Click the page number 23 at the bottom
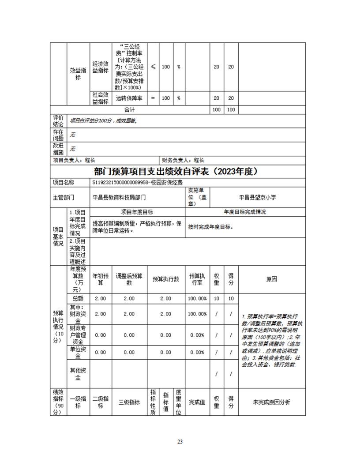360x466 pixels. click(x=180, y=441)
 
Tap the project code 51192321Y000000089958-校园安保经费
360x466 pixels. click(x=138, y=182)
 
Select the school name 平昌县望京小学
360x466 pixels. click(x=257, y=198)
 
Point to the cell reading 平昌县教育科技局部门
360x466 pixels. click(x=119, y=198)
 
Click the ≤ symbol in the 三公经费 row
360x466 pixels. click(x=153, y=67)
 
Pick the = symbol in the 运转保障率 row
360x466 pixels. click(x=153, y=98)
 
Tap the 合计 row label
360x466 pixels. click(x=129, y=109)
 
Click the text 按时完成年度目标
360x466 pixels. click(x=210, y=227)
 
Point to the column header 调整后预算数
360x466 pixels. click(x=129, y=279)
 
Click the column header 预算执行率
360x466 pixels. click(x=197, y=279)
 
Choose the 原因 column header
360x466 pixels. click(x=272, y=279)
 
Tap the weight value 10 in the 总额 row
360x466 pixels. click(x=216, y=299)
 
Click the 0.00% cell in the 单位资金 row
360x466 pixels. click(x=197, y=353)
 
